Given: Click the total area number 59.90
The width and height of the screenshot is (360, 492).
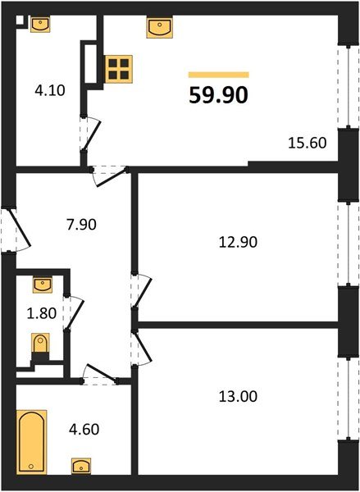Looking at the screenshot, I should [219, 95].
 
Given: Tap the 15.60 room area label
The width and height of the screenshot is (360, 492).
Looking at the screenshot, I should [308, 142].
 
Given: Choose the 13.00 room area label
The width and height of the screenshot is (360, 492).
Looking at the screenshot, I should [239, 396].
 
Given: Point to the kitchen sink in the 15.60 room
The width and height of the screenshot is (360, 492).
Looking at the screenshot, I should [160, 29].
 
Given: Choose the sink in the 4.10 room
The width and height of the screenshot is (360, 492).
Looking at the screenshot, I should [39, 24].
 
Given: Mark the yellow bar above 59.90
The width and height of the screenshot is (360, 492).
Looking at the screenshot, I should [219, 74].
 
